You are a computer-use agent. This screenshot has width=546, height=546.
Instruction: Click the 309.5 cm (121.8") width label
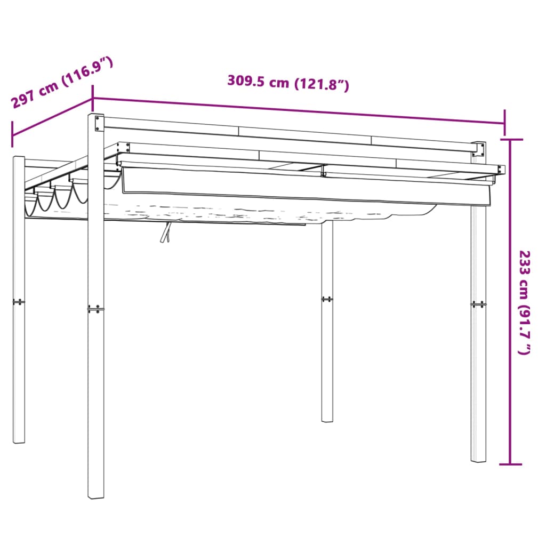[x=288, y=83]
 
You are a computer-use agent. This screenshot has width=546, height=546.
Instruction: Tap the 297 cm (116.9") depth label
[x=62, y=83]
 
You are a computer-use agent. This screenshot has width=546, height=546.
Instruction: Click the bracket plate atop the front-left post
[x=97, y=123]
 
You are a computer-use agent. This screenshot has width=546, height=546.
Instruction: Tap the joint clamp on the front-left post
[x=96, y=309]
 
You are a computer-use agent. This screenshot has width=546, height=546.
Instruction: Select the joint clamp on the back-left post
[x=19, y=302]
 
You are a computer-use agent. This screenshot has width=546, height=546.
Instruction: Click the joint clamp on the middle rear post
[x=327, y=299]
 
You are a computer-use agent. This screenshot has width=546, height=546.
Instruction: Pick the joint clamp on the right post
[x=478, y=304]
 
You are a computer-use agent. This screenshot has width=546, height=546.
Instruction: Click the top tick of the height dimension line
[x=511, y=140]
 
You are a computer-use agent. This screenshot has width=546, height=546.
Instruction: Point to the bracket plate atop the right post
[x=478, y=150]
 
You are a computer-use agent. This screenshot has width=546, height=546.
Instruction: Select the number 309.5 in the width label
[x=247, y=82]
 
